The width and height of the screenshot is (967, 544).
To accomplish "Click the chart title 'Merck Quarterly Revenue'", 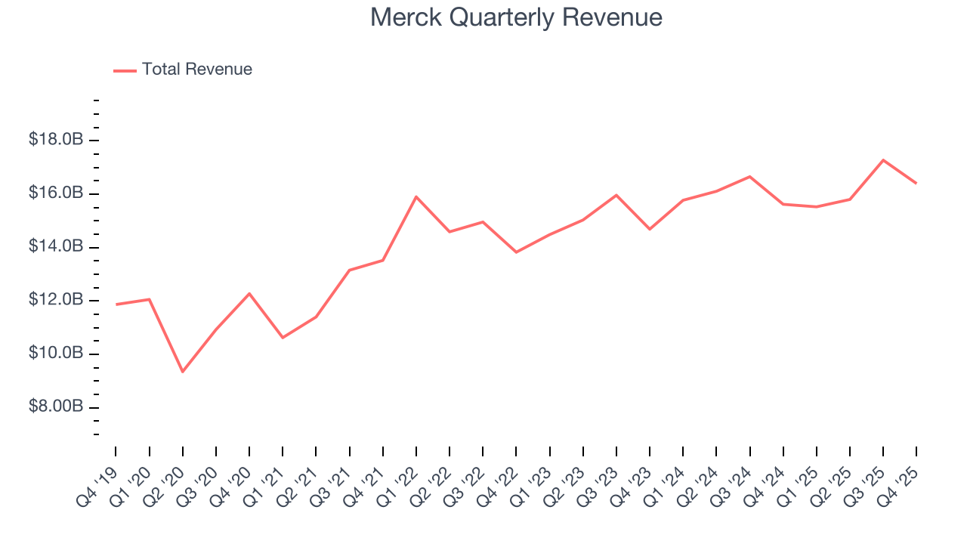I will tap(516, 17).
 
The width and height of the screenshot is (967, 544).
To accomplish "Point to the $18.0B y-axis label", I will tap(56, 141).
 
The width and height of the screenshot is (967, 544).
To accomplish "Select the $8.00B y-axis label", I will tap(56, 407).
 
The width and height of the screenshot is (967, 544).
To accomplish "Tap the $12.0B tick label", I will tap(56, 301).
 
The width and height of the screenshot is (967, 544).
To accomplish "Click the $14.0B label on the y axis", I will tap(56, 247).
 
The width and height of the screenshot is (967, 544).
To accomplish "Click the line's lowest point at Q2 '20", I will tap(183, 372).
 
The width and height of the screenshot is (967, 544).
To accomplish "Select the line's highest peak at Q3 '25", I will tap(883, 160).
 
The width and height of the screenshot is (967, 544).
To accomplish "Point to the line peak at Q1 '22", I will tap(416, 197).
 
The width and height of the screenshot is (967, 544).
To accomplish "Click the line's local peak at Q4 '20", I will tap(249, 293).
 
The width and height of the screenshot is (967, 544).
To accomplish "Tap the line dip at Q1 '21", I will tap(283, 337).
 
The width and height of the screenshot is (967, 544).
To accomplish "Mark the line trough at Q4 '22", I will tap(516, 252).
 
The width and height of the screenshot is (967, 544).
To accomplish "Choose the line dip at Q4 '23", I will tap(650, 229).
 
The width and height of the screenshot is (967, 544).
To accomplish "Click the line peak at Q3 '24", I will tap(749, 177).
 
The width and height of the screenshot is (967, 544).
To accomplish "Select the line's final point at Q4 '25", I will tap(916, 183).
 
